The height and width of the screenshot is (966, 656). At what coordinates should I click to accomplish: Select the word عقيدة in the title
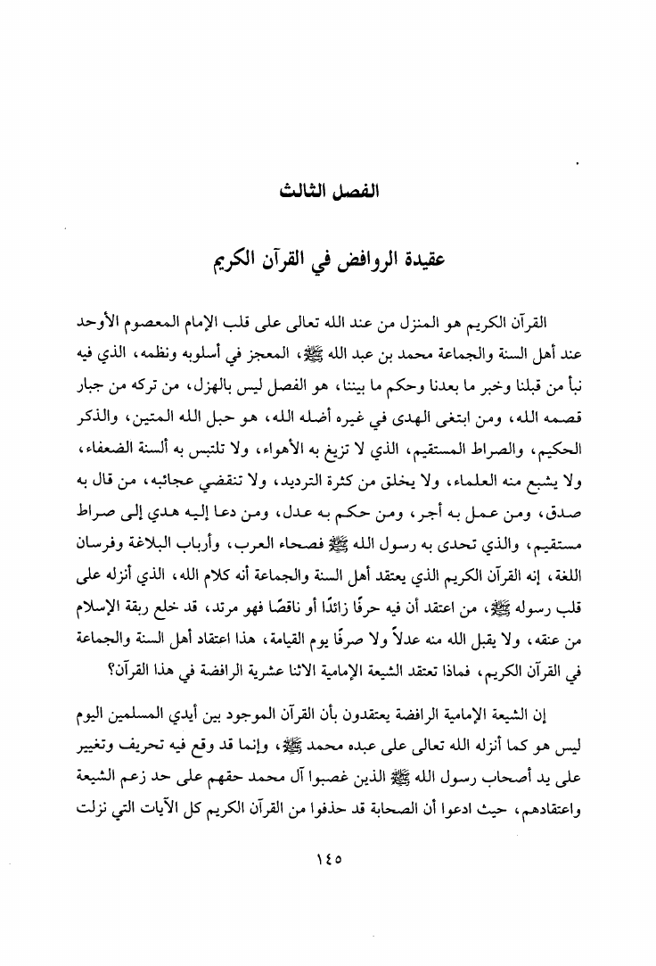click(416, 263)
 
